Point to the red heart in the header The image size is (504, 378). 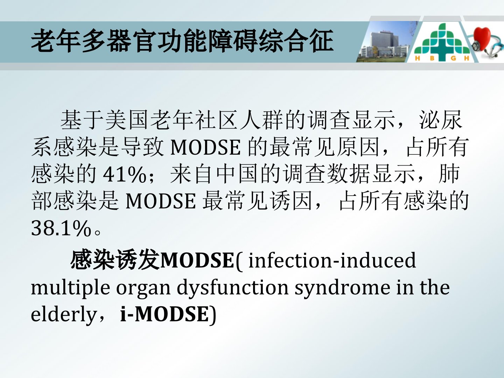coord(482,38)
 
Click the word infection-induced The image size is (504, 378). coord(332,260)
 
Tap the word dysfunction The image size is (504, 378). coord(232,288)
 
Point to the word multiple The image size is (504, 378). coord(70,288)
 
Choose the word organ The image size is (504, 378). coord(143,290)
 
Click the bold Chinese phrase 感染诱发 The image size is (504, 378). coord(115,260)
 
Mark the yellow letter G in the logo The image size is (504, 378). coord(453,58)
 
